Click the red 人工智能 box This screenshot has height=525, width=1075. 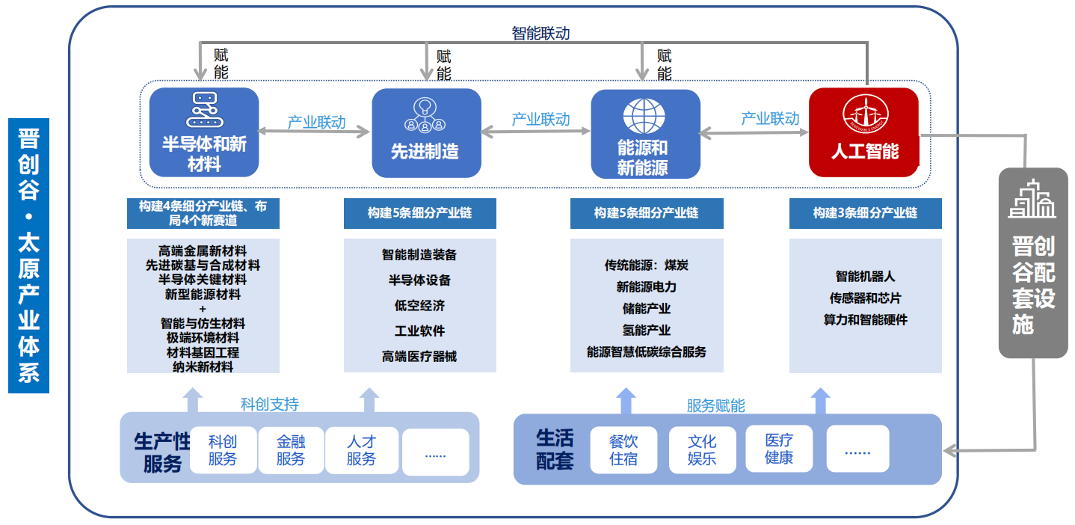coord(863,132)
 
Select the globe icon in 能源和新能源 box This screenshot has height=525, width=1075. coord(644,116)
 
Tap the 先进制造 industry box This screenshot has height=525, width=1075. coord(426,133)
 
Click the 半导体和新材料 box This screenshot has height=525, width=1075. coord(204,133)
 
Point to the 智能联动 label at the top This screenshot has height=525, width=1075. coord(540,33)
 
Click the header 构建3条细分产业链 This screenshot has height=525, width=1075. coord(865,213)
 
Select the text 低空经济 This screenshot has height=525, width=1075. coord(419,306)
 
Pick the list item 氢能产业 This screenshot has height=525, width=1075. coord(647,330)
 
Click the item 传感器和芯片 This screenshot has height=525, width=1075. coord(865,298)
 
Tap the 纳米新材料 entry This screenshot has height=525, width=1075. coord(203,366)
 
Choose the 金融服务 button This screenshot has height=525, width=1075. coord(290,450)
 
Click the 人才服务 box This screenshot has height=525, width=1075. coord(361,450)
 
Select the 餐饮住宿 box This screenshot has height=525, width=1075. coord(623,450)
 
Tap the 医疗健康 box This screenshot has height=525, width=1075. coord(778,449)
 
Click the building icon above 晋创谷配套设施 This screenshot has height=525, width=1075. coord(1032,200)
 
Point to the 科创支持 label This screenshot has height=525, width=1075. coord(269,404)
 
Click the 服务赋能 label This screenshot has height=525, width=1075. coord(715,405)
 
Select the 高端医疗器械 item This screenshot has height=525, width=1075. coord(419,357)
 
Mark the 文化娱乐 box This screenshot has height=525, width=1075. coord(702,450)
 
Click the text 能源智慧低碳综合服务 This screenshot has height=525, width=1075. coord(647,351)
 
